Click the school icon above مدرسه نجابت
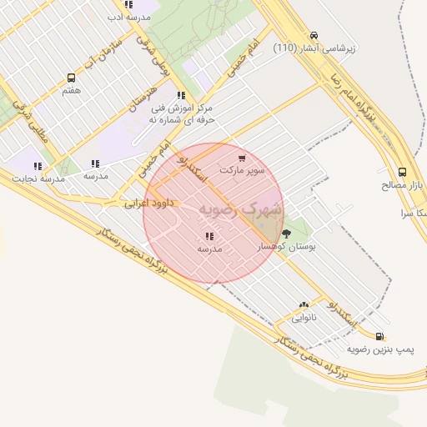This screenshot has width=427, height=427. (38, 166)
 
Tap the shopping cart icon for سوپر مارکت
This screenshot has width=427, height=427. (242, 158)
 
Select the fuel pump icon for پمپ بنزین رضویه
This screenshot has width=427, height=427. (380, 336)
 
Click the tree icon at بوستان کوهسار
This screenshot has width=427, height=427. (287, 234)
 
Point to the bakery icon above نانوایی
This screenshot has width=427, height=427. (304, 305)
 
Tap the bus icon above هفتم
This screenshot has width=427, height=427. (71, 78)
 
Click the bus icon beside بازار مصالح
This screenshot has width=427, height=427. (404, 172)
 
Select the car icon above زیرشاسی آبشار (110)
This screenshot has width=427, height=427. (313, 36)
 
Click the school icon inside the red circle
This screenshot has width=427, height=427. (208, 236)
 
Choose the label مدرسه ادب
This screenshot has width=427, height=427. (130, 17)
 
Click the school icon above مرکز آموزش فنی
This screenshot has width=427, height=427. (181, 95)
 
